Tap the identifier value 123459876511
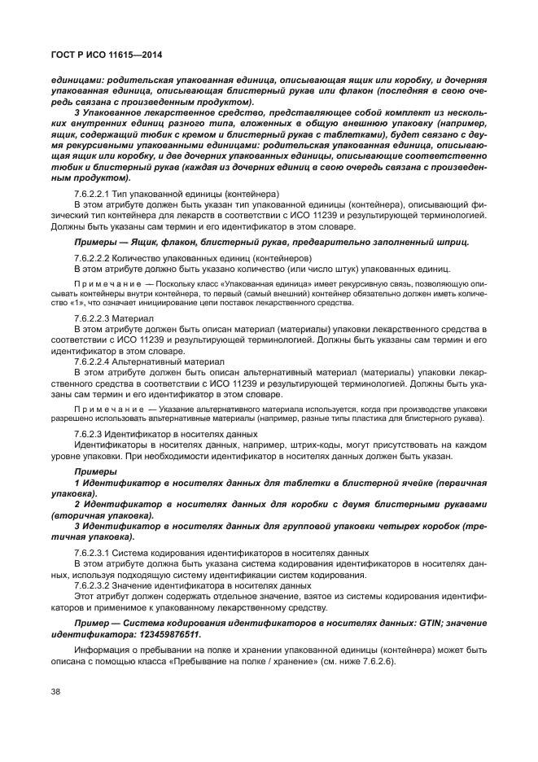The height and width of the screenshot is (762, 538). pyautogui.click(x=164, y=633)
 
